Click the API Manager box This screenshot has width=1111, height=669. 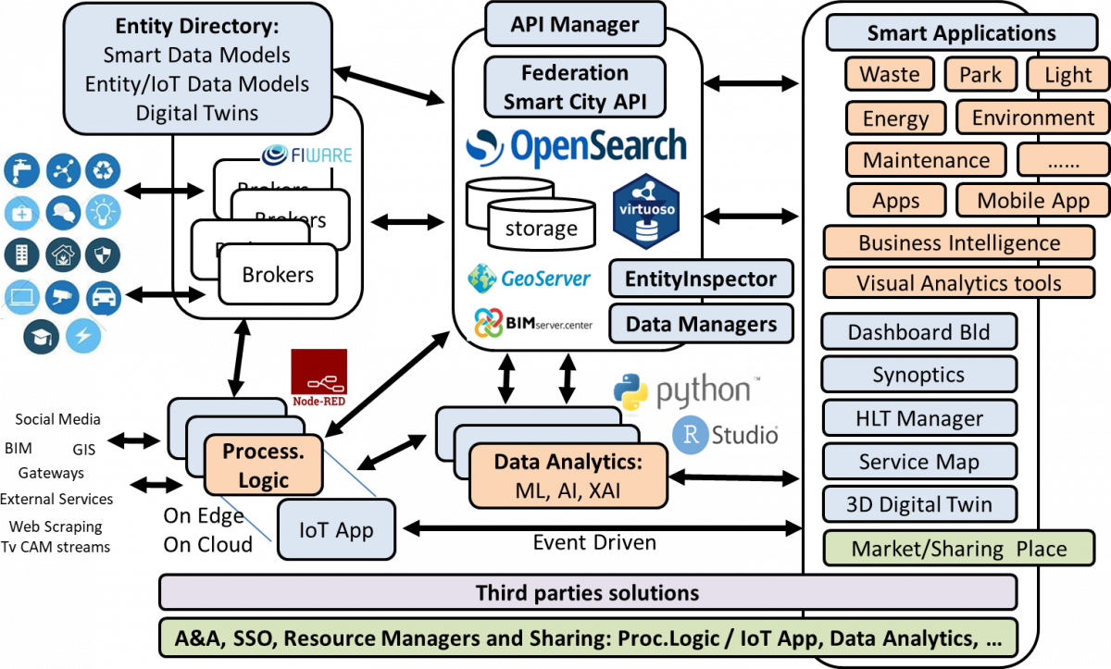click(x=575, y=24)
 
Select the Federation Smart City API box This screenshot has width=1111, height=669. click(x=575, y=87)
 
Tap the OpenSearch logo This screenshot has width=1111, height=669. click(x=576, y=147)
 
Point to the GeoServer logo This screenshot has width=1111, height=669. click(x=530, y=278)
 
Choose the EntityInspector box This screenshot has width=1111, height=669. click(x=700, y=279)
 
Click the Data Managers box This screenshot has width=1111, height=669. click(x=700, y=324)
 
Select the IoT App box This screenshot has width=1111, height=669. click(x=336, y=530)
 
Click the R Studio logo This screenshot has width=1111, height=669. click(x=725, y=435)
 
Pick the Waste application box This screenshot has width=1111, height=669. click(x=890, y=74)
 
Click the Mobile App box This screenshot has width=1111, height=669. click(x=1033, y=200)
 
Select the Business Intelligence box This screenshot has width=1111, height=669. click(x=958, y=243)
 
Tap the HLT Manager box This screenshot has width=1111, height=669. click(x=918, y=418)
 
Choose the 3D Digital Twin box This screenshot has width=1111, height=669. click(x=918, y=504)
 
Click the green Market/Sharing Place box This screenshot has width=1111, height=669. click(x=958, y=548)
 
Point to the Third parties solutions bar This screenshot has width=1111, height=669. click(x=588, y=592)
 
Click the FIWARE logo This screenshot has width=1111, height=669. click(x=307, y=154)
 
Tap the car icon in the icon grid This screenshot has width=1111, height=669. click(x=104, y=298)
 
